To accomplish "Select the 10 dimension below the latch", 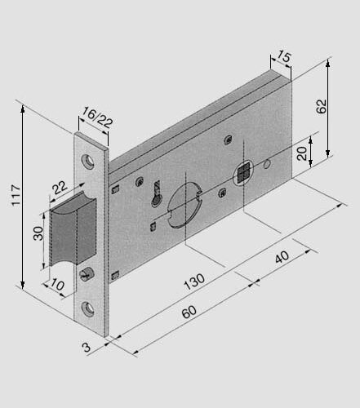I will click(56, 286).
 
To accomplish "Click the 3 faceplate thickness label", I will click(86, 348).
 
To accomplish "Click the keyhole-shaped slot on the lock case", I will click(156, 193).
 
